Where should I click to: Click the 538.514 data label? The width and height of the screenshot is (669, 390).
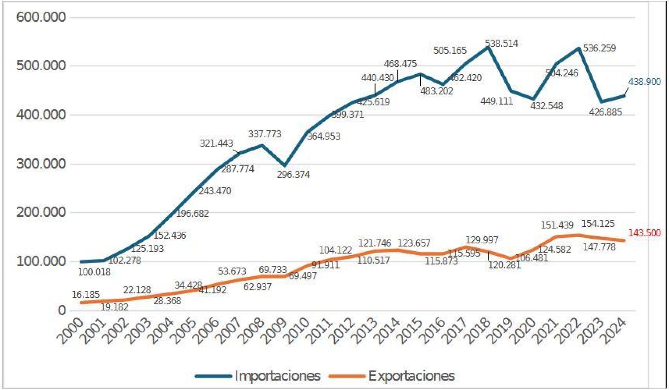pos(501,44)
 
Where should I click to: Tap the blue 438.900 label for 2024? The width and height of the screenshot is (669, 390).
pos(644,82)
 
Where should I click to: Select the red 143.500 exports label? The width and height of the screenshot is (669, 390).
pos(644,233)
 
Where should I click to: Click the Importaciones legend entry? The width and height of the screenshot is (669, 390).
pos(277,376)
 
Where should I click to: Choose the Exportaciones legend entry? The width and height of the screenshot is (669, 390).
pos(411,376)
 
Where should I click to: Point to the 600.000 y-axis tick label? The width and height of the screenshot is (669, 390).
pos(41,17)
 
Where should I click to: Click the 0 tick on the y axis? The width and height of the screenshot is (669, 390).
pos(62,310)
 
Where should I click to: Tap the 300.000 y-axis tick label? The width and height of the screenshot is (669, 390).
pos(41,163)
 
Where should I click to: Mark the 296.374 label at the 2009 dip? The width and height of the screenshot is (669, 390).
pos(293,175)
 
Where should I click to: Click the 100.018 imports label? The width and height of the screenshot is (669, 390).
pos(94,272)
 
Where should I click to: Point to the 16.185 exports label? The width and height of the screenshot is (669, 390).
pos(85,294)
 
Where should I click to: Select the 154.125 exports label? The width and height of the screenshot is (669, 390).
pos(598,223)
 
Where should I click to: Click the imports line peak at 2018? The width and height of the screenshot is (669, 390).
pos(488,47)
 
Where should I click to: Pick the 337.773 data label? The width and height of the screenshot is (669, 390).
pos(264,134)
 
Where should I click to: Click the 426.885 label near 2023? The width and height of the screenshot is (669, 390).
pos(605,112)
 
